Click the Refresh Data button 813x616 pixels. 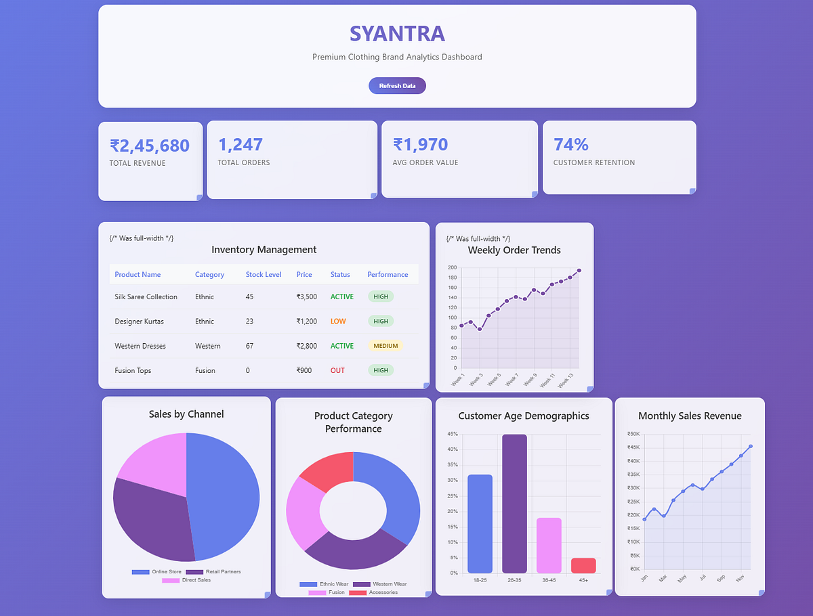(x=397, y=86)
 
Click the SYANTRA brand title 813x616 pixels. (x=397, y=33)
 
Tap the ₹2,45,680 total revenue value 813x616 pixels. (x=150, y=146)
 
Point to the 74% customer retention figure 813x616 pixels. (x=571, y=144)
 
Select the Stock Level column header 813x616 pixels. (x=264, y=275)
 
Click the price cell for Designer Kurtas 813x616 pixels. (x=306, y=322)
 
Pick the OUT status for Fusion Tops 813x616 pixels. (x=337, y=371)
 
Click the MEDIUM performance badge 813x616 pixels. (x=385, y=346)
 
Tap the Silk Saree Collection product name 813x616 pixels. (x=146, y=297)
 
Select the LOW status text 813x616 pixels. (x=338, y=322)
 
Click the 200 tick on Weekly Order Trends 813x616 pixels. (x=452, y=268)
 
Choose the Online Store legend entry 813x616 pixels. (x=158, y=572)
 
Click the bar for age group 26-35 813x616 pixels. (x=514, y=504)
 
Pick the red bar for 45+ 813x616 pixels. (x=583, y=565)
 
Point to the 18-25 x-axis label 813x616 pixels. (x=480, y=581)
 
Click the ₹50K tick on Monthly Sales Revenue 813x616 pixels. (x=633, y=435)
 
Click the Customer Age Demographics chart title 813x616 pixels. (x=524, y=416)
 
